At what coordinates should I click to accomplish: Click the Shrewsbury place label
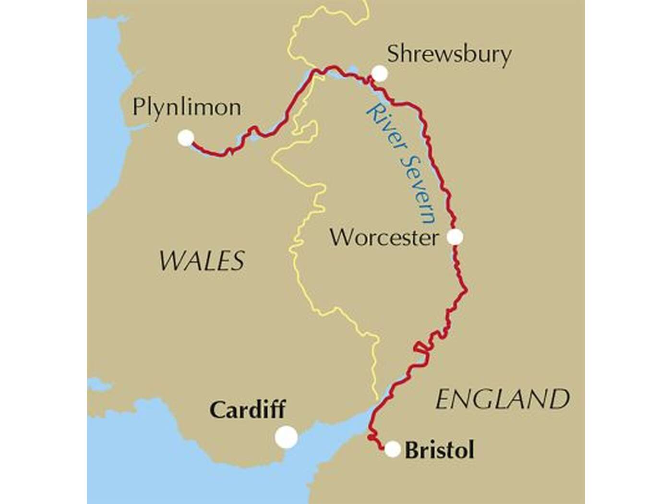pyautogui.click(x=449, y=55)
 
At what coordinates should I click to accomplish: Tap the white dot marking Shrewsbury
pyautogui.click(x=379, y=73)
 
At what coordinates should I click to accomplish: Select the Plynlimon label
pyautogui.click(x=187, y=108)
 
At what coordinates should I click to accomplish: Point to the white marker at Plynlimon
pyautogui.click(x=185, y=138)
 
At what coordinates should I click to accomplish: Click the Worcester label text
pyautogui.click(x=384, y=238)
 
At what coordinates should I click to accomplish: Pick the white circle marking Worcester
pyautogui.click(x=455, y=237)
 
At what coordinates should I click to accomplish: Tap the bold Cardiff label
pyautogui.click(x=248, y=410)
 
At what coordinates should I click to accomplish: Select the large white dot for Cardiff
pyautogui.click(x=287, y=437)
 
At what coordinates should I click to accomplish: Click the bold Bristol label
pyautogui.click(x=439, y=450)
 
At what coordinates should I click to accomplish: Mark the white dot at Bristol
pyautogui.click(x=393, y=449)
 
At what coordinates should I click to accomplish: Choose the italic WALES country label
pyautogui.click(x=202, y=261)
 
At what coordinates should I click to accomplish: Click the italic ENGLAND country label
pyautogui.click(x=503, y=399)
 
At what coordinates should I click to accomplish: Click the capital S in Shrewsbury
pyautogui.click(x=394, y=54)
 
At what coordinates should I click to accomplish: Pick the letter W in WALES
pyautogui.click(x=170, y=261)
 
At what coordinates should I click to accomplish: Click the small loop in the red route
pyautogui.click(x=420, y=347)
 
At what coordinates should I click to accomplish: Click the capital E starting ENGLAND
pyautogui.click(x=444, y=399)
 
